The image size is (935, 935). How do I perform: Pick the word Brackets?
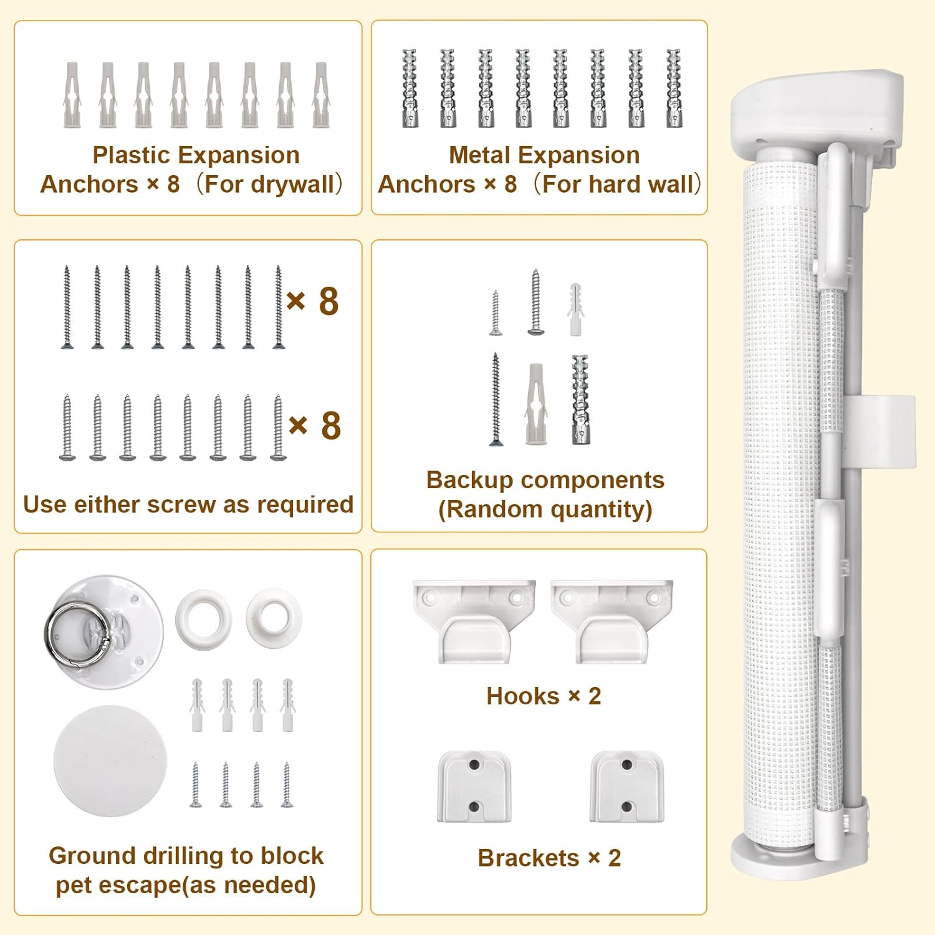529,858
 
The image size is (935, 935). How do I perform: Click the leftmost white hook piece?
474,621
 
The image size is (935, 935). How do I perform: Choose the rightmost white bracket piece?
627,787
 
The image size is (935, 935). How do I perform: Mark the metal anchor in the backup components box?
580,400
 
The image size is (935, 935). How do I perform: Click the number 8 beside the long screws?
328,302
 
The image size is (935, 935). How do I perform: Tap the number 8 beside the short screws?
331,426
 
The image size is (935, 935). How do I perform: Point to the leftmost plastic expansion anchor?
72,95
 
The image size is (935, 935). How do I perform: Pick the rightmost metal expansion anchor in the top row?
674,88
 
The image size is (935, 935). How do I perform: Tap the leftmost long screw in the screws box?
67,307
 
